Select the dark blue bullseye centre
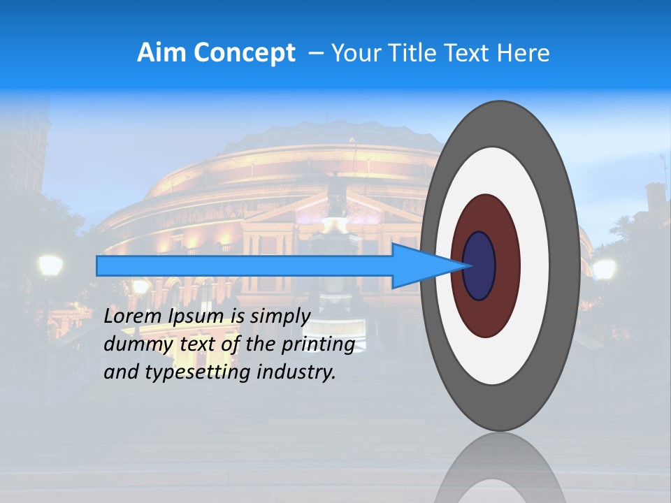point(479,265)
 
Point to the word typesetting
point(195,373)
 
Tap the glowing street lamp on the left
point(50,265)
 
